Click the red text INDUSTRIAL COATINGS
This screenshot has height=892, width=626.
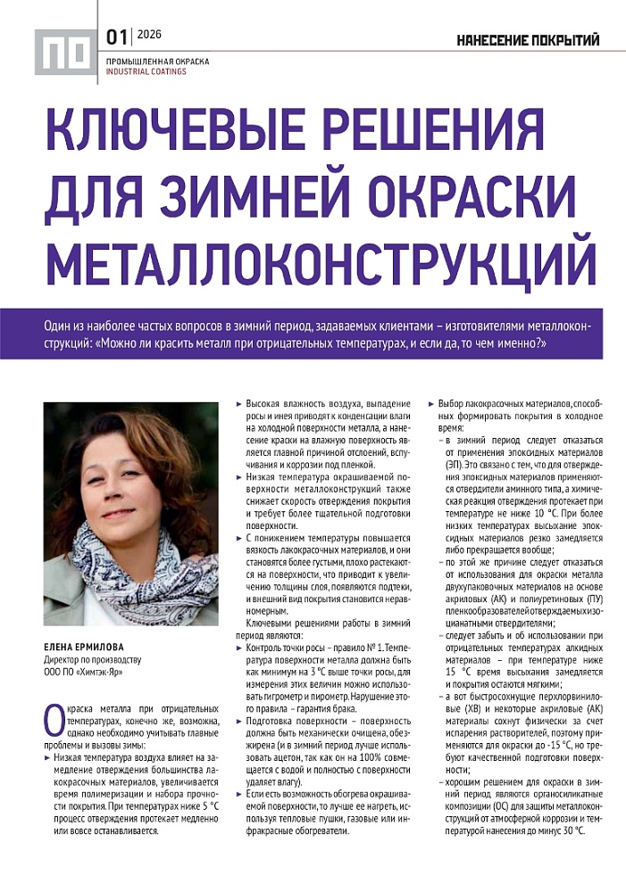coord(146,71)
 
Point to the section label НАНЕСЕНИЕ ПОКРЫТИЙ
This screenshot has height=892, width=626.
coord(528,40)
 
